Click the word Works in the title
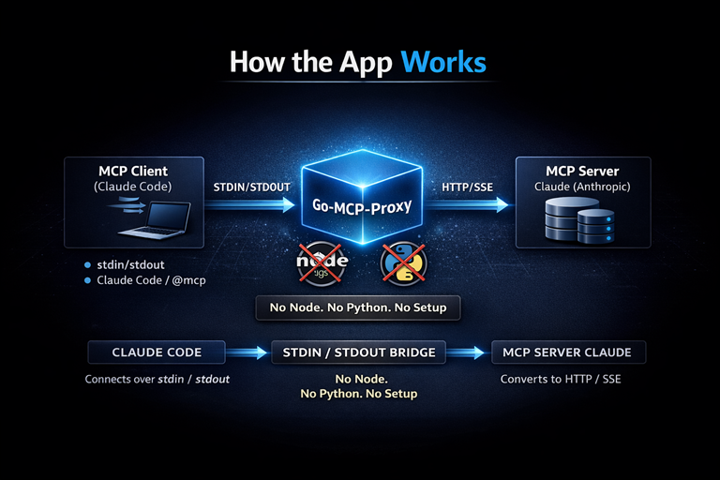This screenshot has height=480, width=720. tap(443, 63)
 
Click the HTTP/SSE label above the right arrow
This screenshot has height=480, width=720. tap(468, 187)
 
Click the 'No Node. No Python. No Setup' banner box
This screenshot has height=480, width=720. tap(358, 307)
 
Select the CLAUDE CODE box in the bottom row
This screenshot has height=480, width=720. tap(157, 352)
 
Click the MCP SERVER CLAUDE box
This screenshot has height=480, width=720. tap(568, 352)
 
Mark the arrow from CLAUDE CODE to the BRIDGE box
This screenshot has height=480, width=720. tap(248, 353)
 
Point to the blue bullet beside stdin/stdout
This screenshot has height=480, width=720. tap(87, 264)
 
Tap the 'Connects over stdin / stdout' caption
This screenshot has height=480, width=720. tap(157, 380)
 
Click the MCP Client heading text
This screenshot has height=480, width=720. tap(133, 171)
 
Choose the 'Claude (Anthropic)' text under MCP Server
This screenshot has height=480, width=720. tap(582, 187)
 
